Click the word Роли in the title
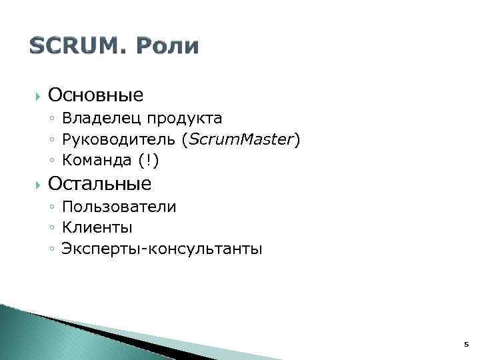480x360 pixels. point(167,46)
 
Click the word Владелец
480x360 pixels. point(101,119)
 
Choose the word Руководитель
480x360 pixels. point(117,140)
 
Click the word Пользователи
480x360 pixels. point(119,207)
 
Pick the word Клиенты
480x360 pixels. point(97,228)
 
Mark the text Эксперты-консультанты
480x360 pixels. point(162,249)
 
